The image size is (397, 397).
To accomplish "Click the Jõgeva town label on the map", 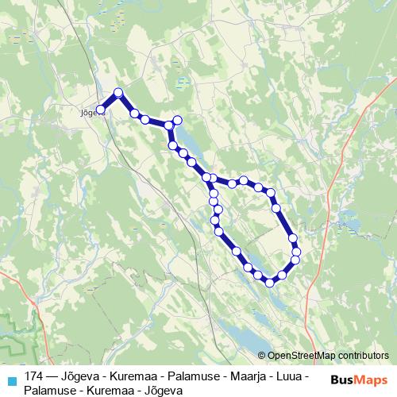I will click(89, 113).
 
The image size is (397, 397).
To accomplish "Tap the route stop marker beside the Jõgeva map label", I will click(101, 110).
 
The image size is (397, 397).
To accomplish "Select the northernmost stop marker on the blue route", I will click(119, 93).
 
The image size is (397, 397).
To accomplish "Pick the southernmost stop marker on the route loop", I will click(270, 282).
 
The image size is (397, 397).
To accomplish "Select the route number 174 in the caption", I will click(34, 374).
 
